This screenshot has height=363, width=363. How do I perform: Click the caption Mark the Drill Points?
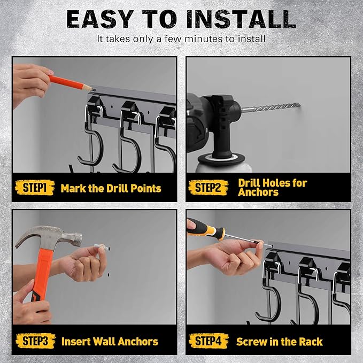pos(111,188)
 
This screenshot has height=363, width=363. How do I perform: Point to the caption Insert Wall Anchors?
pos(110,341)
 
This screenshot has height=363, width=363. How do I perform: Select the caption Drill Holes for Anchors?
pos(272,187)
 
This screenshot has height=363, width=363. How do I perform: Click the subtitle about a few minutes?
pos(181,39)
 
